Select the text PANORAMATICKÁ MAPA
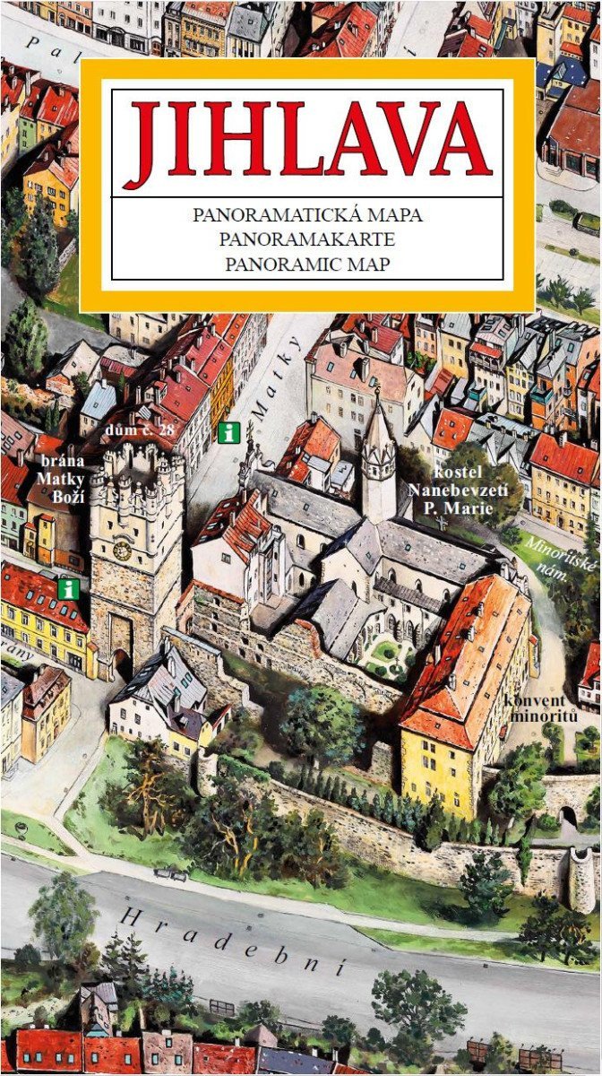tap(307, 216)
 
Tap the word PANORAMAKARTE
tap(307, 240)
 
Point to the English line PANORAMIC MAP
tap(307, 265)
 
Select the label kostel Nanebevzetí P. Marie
tap(457, 490)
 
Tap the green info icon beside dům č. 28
tap(229, 432)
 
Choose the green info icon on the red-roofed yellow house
tap(66, 589)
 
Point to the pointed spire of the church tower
tap(378, 421)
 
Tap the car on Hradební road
tap(170, 872)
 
